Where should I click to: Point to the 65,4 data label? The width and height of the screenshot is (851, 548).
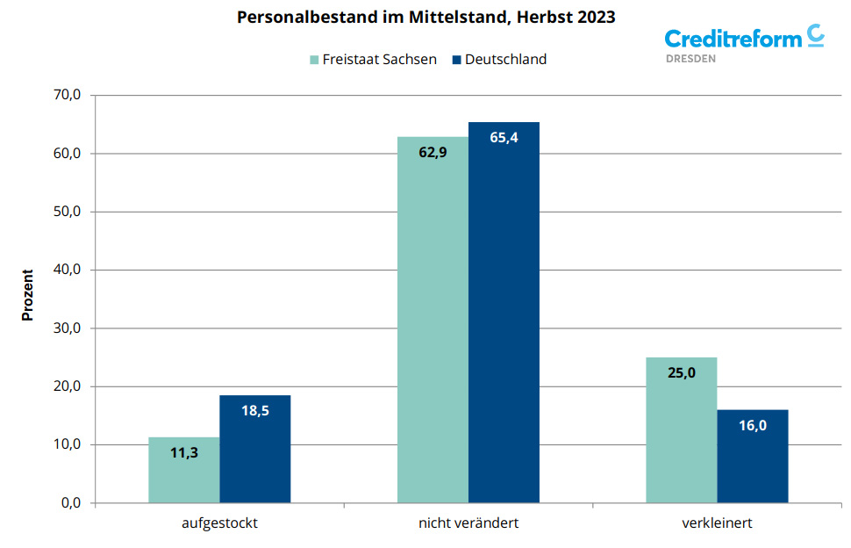(504, 137)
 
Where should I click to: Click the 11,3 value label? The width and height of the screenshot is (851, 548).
(183, 453)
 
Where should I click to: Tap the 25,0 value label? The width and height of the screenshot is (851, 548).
(681, 372)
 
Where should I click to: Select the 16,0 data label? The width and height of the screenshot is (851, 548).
(752, 426)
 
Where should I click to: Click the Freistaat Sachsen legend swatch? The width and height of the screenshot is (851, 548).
(314, 60)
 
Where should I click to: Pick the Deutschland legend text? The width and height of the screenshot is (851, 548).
(505, 60)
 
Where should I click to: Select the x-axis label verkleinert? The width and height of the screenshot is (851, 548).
(717, 523)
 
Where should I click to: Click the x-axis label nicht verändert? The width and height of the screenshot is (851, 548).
(468, 523)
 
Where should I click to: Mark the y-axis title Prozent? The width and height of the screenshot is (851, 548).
(28, 294)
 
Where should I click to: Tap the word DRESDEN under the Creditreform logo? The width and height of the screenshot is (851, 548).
(691, 59)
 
